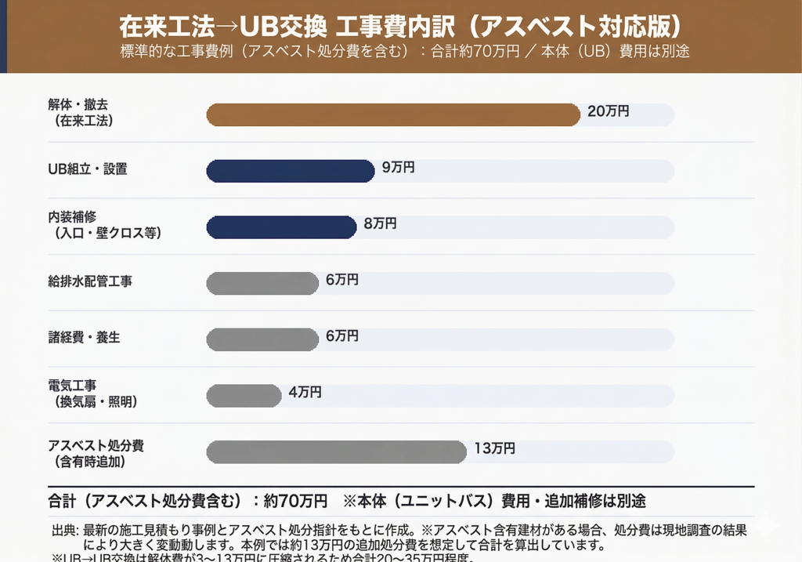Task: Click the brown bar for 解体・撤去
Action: tap(393, 114)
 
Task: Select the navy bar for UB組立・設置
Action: tap(291, 171)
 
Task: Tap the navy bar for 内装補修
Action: tap(281, 227)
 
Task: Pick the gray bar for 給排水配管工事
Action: tap(262, 283)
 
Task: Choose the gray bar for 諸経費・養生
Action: tap(262, 339)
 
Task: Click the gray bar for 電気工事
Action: tap(244, 396)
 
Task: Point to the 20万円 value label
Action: tap(608, 111)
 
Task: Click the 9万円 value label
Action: tap(398, 167)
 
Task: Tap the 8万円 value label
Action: tap(380, 223)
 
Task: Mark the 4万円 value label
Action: tap(305, 392)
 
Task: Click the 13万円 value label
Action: tap(494, 448)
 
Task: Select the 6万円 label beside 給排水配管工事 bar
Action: tap(342, 280)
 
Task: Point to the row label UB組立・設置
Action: tap(88, 169)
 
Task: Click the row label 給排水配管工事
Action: tap(90, 281)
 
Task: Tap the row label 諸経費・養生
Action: tap(84, 337)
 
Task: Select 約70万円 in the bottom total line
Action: tap(295, 500)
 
